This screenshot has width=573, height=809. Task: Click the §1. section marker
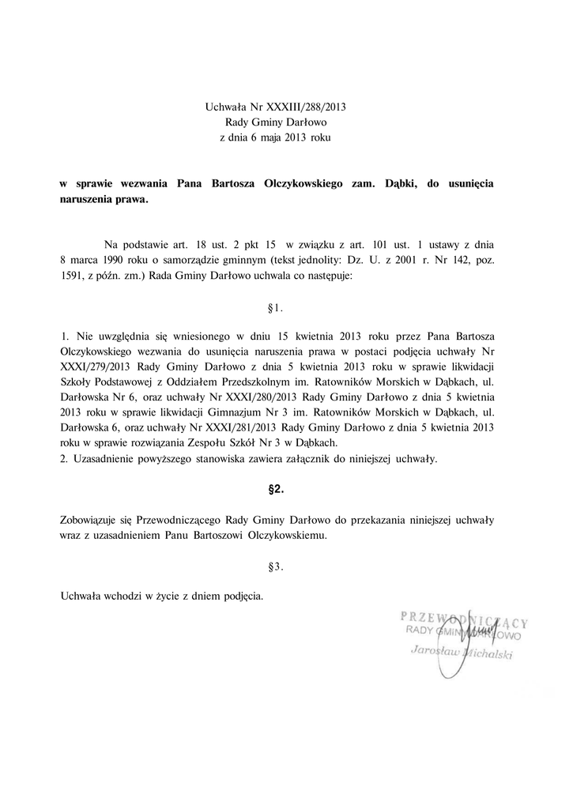pos(276,307)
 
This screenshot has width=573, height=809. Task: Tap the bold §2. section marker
pos(276,490)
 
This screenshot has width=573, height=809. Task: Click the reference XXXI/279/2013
pos(95,367)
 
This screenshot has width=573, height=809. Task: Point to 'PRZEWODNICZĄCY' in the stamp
pos(463,616)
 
